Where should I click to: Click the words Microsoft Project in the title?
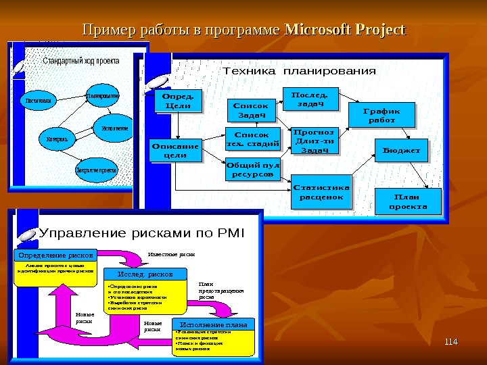pyautogui.click(x=346, y=30)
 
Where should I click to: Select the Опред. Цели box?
pyautogui.click(x=179, y=101)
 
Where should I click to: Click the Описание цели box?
pyautogui.click(x=175, y=151)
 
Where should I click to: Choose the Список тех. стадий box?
pyautogui.click(x=250, y=139)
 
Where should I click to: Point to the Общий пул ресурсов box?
pyautogui.click(x=252, y=170)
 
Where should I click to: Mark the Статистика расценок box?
pyautogui.click(x=321, y=192)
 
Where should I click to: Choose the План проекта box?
pyautogui.click(x=407, y=200)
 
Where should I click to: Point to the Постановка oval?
pyautogui.click(x=38, y=102)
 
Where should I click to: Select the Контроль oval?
pyautogui.click(x=57, y=139)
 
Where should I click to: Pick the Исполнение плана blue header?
pyautogui.click(x=213, y=325)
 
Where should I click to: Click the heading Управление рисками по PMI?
pyautogui.click(x=143, y=235)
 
